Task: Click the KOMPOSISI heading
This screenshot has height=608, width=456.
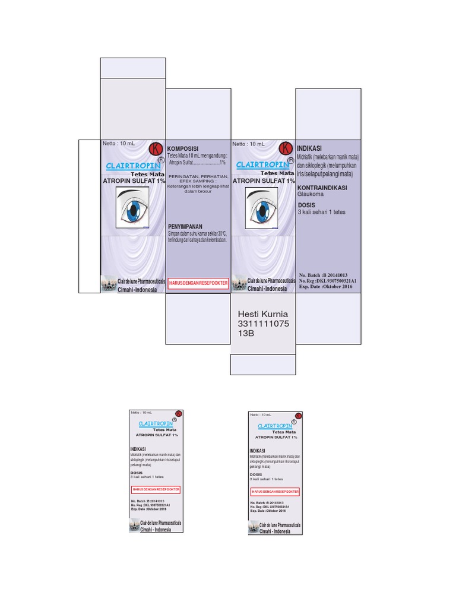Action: [x=183, y=148]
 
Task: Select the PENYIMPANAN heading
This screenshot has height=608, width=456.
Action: [x=185, y=227]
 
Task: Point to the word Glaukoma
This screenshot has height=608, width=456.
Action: [x=310, y=194]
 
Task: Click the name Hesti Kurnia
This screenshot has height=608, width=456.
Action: [x=262, y=313]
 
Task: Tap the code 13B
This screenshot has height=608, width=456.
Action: [x=246, y=334]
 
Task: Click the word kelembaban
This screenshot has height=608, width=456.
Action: [x=216, y=240]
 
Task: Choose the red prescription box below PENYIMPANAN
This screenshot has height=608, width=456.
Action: [x=198, y=283]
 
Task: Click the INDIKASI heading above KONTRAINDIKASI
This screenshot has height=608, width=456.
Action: [x=309, y=148]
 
